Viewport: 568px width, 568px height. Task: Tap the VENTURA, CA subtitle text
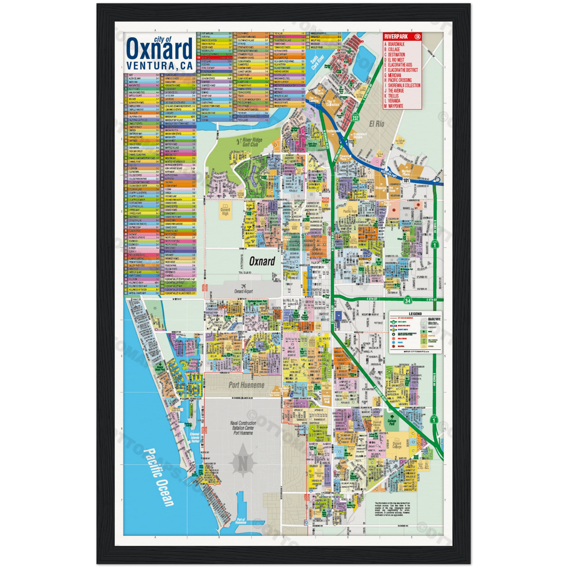156,66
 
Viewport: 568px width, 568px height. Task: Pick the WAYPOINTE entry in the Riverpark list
396,106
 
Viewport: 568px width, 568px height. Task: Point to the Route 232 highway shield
362,117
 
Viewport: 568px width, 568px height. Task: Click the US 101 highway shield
406,180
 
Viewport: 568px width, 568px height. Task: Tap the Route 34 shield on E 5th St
408,300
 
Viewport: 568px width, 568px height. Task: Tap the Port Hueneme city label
247,385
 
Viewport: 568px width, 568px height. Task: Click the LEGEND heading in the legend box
415,314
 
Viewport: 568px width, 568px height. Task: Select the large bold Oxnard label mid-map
262,261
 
